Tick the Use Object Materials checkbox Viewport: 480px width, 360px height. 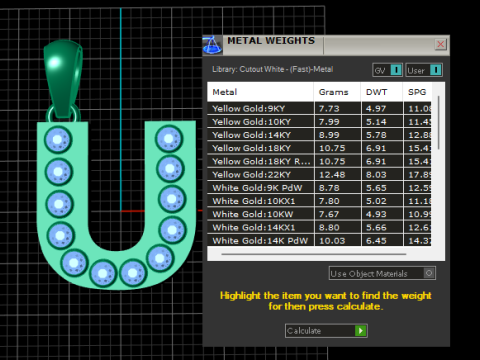[429, 272]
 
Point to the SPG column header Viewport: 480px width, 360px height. [417, 92]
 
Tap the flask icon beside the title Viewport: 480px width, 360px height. [211, 44]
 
